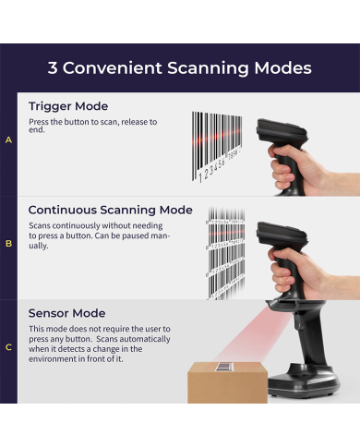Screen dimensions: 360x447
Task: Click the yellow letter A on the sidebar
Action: pyautogui.click(x=8, y=140)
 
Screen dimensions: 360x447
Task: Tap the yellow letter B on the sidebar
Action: pyautogui.click(x=8, y=244)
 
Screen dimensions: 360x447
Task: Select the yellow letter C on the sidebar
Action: pyautogui.click(x=8, y=347)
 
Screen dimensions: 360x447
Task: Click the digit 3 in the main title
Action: pyautogui.click(x=53, y=67)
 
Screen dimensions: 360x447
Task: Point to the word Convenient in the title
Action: pyautogui.click(x=113, y=67)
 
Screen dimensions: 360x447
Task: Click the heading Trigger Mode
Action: pyautogui.click(x=68, y=106)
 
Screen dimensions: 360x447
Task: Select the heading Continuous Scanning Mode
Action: pyautogui.click(x=111, y=210)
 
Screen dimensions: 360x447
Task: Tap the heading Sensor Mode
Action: pyautogui.click(x=67, y=313)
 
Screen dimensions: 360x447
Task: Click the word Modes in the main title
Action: pyautogui.click(x=282, y=67)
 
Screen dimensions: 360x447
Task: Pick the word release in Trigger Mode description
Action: pyautogui.click(x=135, y=122)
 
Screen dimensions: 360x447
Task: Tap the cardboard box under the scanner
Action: pyautogui.click(x=227, y=382)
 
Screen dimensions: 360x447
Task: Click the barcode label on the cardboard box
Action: pyautogui.click(x=225, y=367)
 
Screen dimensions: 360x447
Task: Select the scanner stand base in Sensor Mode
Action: pyautogui.click(x=304, y=381)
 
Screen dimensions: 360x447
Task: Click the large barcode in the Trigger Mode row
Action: pyautogui.click(x=217, y=147)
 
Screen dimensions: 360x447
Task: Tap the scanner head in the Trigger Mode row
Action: pyautogui.click(x=282, y=132)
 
